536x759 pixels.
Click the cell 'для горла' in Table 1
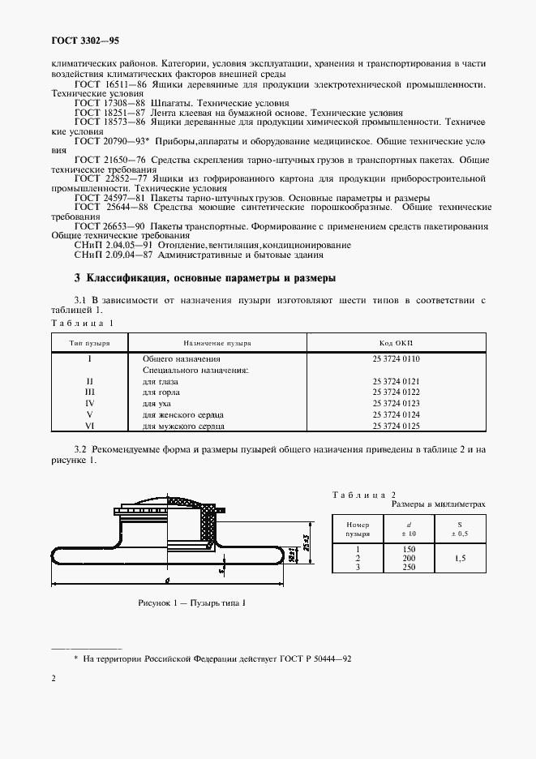click(161, 392)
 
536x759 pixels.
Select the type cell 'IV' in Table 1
click(90, 403)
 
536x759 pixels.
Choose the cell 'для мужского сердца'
click(183, 426)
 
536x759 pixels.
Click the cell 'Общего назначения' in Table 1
click(181, 358)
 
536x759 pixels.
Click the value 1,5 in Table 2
click(460, 559)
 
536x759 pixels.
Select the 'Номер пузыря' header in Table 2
click(358, 530)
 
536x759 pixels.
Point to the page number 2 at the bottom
click(54, 678)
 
